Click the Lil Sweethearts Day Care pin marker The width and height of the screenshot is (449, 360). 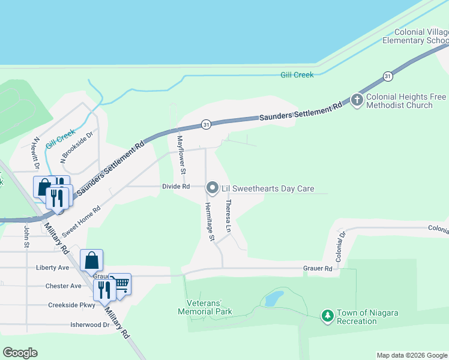coord(212,188)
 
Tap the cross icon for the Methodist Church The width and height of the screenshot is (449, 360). coord(357,100)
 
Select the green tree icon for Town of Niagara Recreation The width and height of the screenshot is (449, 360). coord(327,316)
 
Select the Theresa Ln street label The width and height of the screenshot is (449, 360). coord(228,216)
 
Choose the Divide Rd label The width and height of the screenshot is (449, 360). coord(176,187)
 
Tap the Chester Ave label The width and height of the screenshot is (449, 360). coord(63,286)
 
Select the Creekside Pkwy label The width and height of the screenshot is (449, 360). coord(71,305)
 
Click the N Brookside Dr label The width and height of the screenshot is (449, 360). coord(77,148)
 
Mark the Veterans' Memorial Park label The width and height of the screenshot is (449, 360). coord(205,307)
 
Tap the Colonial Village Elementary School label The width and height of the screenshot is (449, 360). coord(417,37)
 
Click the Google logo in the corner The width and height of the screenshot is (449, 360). coord(20,353)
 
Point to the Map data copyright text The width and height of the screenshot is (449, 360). coord(412,355)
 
